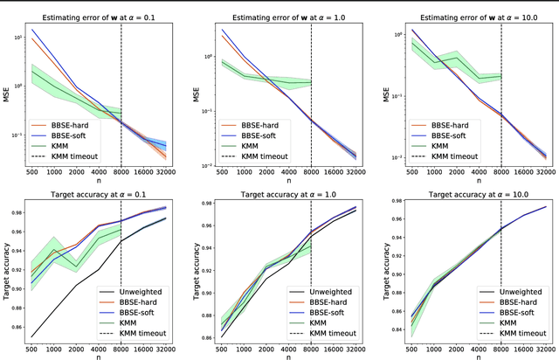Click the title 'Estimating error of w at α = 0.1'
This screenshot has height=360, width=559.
click(x=97, y=7)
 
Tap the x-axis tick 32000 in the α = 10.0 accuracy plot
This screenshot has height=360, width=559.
click(x=547, y=345)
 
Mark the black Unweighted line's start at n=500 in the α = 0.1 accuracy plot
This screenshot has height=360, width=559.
click(x=32, y=336)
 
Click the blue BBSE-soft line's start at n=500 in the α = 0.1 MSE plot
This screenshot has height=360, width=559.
click(x=32, y=30)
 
